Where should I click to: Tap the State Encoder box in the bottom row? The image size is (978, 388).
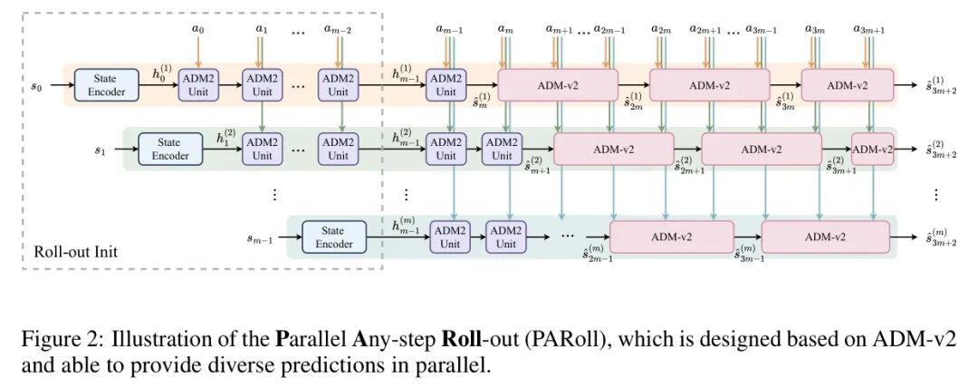334,237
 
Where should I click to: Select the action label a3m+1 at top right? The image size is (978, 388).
868,30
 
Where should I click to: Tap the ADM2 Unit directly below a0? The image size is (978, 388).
198,85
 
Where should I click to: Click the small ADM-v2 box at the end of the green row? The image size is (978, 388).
873,149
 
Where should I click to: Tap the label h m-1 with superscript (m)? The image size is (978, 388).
407,225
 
